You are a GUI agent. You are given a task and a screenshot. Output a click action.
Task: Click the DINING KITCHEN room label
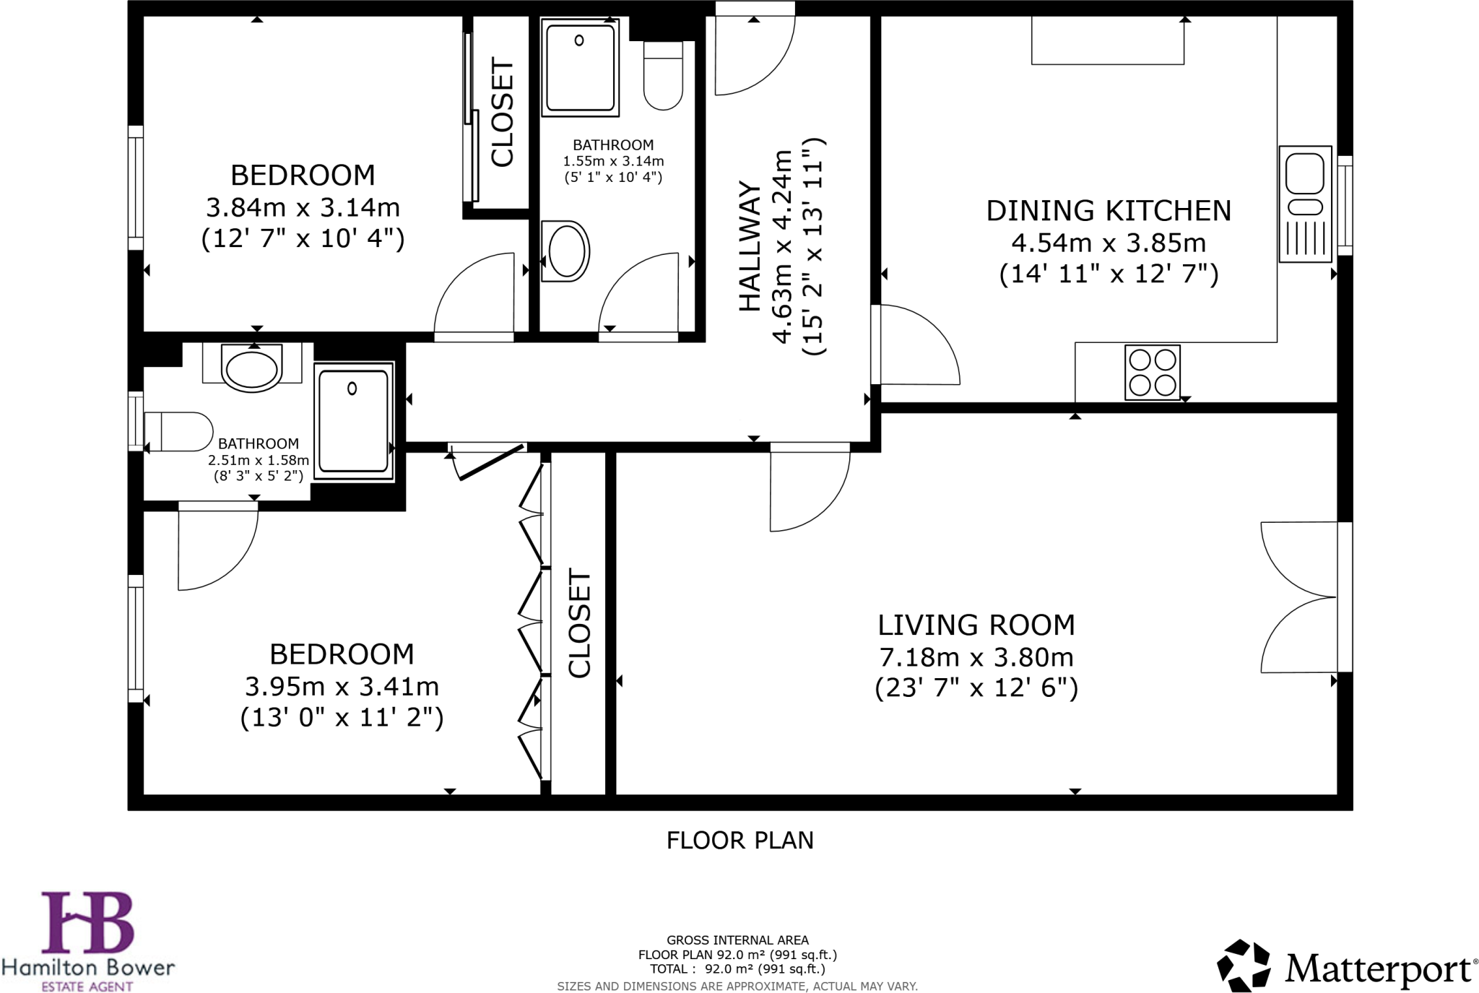coord(1109,211)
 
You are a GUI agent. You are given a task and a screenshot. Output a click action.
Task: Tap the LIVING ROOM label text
coord(976,625)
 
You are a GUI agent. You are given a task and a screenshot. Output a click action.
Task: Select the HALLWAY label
coord(750,247)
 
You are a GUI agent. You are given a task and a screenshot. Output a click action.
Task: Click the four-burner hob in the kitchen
coord(1152,373)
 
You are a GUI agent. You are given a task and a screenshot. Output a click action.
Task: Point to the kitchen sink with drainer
coord(1305,204)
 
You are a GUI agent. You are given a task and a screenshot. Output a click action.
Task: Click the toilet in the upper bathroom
coord(663,75)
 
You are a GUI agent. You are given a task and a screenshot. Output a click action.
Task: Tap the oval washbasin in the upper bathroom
coord(565,251)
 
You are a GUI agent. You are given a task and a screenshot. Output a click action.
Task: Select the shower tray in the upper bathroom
coord(580,68)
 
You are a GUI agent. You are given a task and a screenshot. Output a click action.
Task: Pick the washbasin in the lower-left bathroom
coord(251,368)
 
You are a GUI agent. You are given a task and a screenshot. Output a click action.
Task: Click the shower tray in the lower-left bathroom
coord(354,421)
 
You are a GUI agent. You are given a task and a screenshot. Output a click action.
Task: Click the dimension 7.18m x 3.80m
coord(976,657)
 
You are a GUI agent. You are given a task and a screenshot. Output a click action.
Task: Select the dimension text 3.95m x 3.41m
coord(342,686)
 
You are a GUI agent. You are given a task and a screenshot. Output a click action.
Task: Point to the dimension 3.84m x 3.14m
coord(303,208)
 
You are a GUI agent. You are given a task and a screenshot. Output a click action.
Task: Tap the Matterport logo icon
coord(1244,966)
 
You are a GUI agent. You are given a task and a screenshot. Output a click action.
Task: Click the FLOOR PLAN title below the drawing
coord(739,841)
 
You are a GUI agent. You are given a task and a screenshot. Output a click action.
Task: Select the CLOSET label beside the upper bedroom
coord(502,112)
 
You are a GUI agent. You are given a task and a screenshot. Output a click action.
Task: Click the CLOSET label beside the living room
coord(579,624)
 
